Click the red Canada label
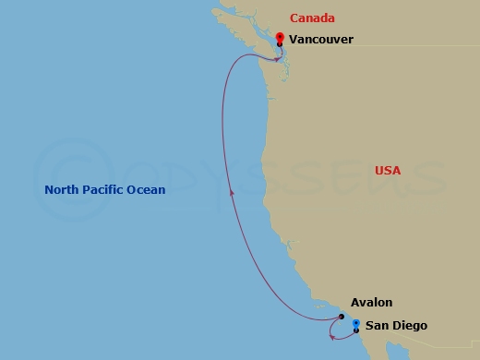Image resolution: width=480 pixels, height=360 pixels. [312, 18]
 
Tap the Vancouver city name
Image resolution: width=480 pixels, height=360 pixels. [320, 40]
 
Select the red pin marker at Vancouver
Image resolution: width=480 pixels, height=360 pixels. [280, 37]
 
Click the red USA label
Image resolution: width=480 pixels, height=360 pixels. [388, 171]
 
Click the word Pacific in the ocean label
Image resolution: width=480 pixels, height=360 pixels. [103, 190]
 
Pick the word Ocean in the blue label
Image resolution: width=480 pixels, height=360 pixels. [147, 190]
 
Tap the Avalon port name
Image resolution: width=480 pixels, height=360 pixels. [371, 303]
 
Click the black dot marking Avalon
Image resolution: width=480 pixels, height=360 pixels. [342, 318]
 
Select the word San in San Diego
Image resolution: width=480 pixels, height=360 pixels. [377, 326]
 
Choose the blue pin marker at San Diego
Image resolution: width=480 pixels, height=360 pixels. [356, 323]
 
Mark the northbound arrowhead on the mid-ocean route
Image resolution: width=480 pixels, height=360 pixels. [232, 192]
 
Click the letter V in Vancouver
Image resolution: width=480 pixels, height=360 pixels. [293, 40]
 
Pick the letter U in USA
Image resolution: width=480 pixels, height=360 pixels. [379, 171]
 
